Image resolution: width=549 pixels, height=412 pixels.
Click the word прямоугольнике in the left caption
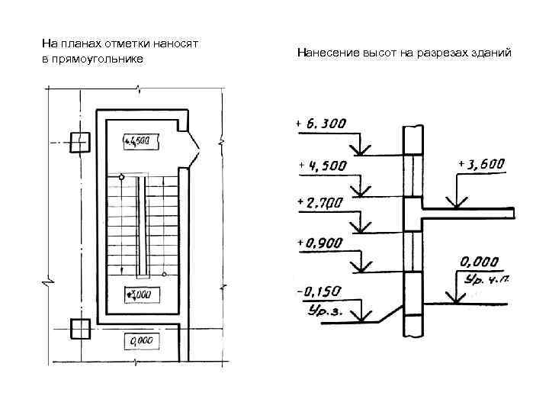coord(98,59)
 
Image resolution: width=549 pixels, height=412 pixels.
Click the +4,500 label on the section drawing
coord(323,166)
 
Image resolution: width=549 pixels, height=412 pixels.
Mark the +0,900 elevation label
coord(319,243)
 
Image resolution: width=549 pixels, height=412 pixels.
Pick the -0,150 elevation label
coord(318,291)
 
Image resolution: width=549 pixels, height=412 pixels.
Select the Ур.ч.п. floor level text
coord(486,278)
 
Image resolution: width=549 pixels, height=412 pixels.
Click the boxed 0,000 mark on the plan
coord(141,340)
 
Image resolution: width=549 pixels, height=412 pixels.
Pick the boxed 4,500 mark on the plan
coord(141,141)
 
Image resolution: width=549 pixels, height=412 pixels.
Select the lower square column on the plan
coord(79,328)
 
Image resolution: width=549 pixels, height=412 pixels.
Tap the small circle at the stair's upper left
coord(121,177)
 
